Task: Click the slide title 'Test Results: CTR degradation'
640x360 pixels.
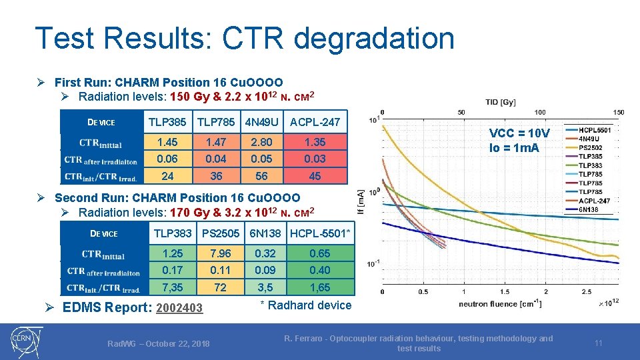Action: pyautogui.click(x=244, y=39)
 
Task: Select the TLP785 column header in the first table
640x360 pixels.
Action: pyautogui.click(x=215, y=122)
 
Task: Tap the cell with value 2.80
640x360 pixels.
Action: pyautogui.click(x=261, y=142)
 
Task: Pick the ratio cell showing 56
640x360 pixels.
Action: pyautogui.click(x=261, y=176)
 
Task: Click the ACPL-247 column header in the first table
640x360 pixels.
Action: pyautogui.click(x=315, y=122)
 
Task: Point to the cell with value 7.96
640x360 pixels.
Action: pyautogui.click(x=220, y=253)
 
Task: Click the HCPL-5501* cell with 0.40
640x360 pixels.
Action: pyautogui.click(x=320, y=270)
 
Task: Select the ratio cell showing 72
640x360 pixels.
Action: pyautogui.click(x=220, y=287)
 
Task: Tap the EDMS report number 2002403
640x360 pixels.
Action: pyautogui.click(x=178, y=307)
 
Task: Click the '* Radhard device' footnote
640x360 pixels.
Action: pyautogui.click(x=305, y=305)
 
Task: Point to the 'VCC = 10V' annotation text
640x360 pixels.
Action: pyautogui.click(x=519, y=133)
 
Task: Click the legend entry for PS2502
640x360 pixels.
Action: pyautogui.click(x=590, y=148)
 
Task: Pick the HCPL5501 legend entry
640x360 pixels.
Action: pyautogui.click(x=594, y=131)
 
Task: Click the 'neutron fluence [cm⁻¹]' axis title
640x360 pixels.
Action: pyautogui.click(x=497, y=304)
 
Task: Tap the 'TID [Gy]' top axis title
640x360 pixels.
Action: pyautogui.click(x=500, y=102)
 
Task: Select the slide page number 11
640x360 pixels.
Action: pyautogui.click(x=598, y=343)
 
